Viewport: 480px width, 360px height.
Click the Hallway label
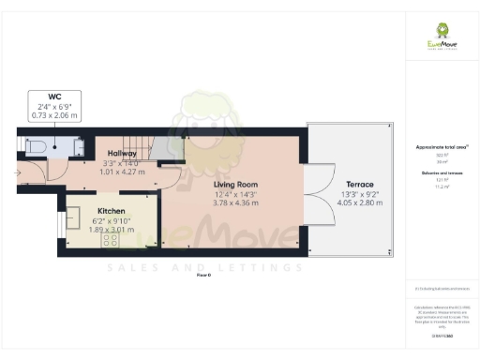point(123,153)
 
